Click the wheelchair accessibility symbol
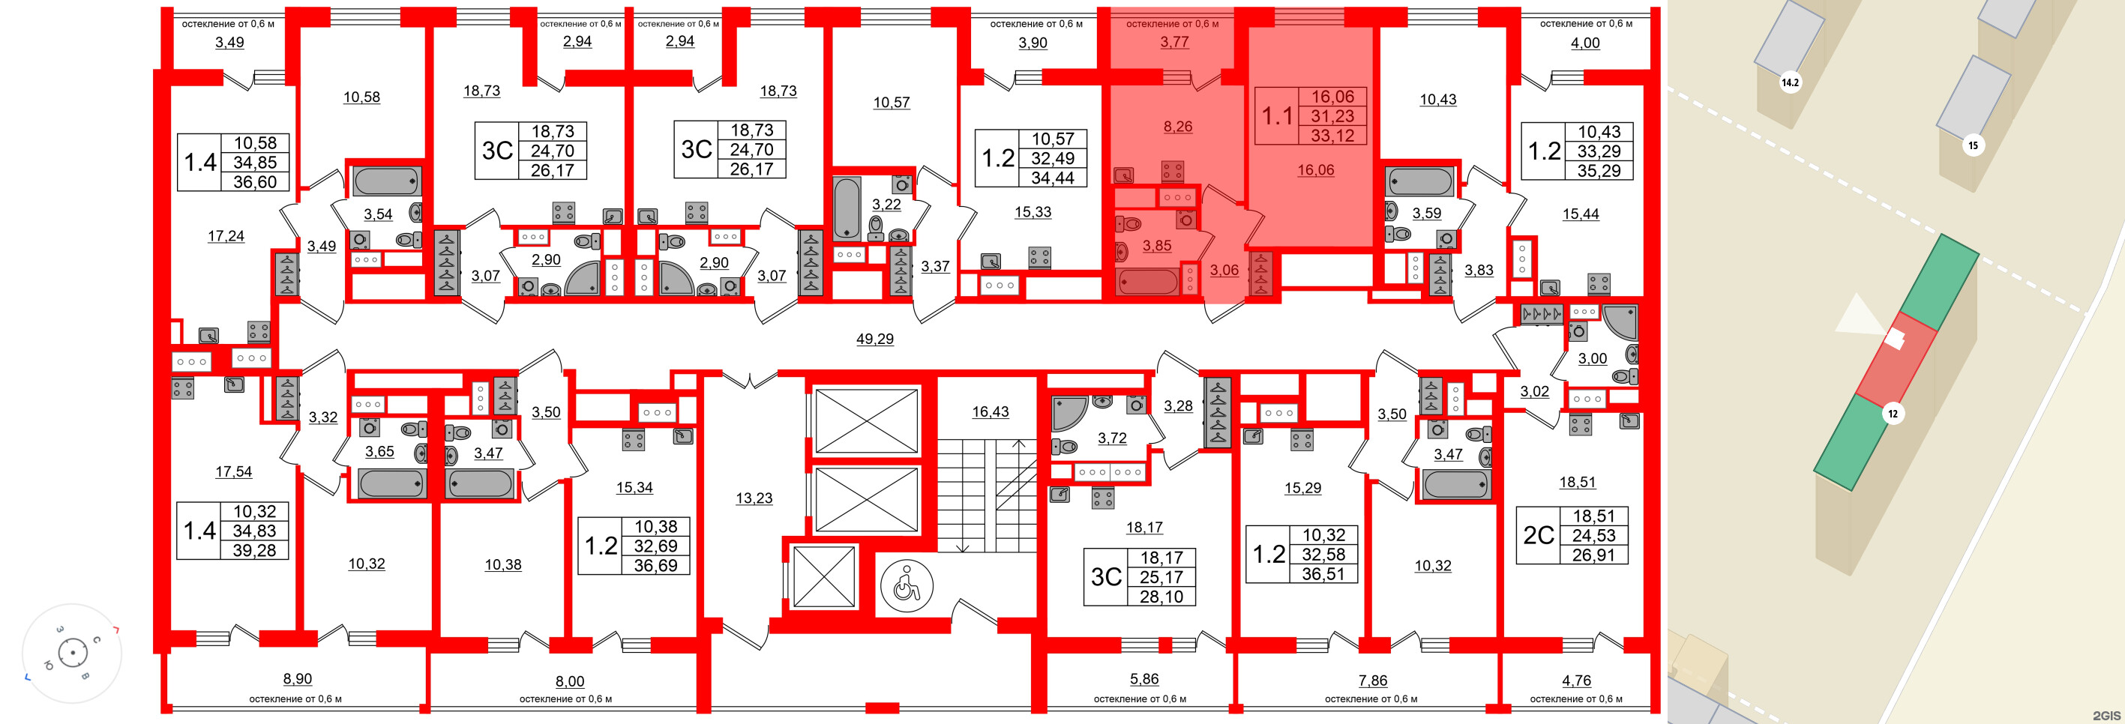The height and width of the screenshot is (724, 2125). coord(907,586)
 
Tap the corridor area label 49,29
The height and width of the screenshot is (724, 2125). coord(874,339)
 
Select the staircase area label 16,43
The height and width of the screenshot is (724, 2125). coord(990,411)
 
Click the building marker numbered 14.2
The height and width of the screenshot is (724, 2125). coord(1789,82)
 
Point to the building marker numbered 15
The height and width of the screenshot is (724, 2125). coord(1972,145)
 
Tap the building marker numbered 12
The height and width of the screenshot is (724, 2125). coord(1893,413)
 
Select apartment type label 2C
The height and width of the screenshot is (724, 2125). coord(1538,535)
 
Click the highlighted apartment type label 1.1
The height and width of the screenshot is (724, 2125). coord(1276,116)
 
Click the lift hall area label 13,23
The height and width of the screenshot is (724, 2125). coord(754,498)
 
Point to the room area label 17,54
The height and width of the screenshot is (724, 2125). coord(233,471)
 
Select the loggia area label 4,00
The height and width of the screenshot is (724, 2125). coord(1584,43)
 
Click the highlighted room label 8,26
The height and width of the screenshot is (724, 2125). coord(1177,126)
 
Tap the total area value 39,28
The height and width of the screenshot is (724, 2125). coord(254,550)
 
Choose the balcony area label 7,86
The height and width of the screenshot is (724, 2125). coord(1373,681)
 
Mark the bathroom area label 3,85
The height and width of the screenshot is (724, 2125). coord(1156,246)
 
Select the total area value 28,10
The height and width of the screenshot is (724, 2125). coord(1161,596)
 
